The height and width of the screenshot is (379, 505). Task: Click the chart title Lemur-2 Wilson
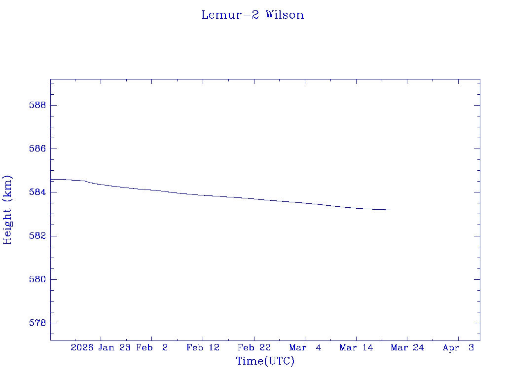(x=252, y=15)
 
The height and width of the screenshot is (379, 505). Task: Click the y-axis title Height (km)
(x=7, y=209)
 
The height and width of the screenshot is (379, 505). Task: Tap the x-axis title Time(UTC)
(x=265, y=361)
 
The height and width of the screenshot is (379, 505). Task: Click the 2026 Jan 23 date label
(x=100, y=347)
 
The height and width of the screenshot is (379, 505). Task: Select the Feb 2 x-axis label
(x=152, y=347)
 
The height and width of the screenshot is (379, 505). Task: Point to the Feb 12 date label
(x=203, y=347)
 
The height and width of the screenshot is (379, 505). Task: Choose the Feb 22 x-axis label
(x=254, y=347)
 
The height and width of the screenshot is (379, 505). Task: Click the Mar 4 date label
(x=305, y=347)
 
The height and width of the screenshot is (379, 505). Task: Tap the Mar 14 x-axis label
(x=357, y=347)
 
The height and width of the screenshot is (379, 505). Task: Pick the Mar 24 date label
(x=407, y=347)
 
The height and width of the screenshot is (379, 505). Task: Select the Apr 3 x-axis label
(x=459, y=347)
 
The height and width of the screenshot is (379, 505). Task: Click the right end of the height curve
(x=391, y=210)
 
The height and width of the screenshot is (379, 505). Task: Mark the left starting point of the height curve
(x=51, y=179)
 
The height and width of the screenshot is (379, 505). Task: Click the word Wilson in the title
(x=285, y=15)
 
